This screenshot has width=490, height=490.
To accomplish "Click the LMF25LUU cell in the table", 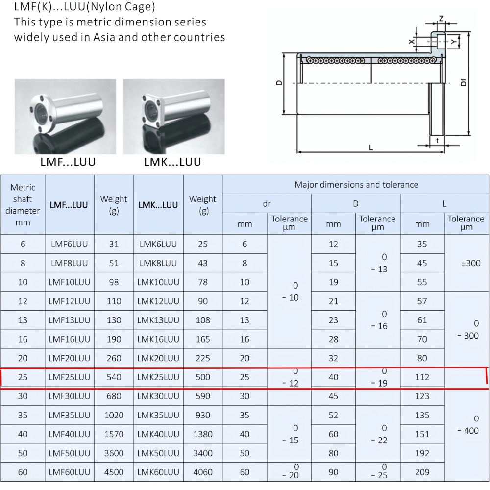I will [70, 377].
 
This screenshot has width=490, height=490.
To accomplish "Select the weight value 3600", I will [114, 453].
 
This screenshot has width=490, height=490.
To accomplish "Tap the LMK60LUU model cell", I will [158, 472].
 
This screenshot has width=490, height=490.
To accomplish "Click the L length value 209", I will [422, 472].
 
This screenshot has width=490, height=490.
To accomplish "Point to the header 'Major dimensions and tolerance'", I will [356, 185].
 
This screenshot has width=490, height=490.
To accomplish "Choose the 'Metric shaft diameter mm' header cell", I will [23, 205].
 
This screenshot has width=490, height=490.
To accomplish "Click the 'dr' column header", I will [267, 203].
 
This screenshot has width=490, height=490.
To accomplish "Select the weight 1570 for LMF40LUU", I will [114, 434].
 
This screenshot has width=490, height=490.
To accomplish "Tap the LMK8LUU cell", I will [158, 263].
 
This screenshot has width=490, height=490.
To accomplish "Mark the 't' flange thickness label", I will [437, 140].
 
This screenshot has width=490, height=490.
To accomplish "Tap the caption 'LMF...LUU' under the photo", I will [68, 162].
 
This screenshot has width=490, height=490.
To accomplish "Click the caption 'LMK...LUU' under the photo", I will [172, 162].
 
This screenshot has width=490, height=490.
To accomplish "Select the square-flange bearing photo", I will [173, 117].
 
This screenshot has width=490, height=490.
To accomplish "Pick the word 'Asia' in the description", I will [104, 37].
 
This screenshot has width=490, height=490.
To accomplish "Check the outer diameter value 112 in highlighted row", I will [422, 377].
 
